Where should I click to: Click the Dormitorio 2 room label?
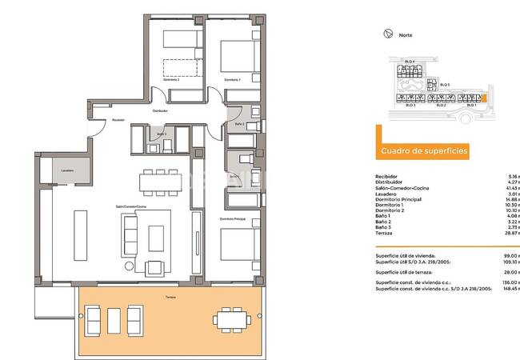(x=171, y=80)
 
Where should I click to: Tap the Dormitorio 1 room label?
(x=232, y=80)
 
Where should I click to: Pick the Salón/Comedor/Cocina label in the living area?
(x=130, y=206)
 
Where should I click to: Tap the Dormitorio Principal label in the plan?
(x=233, y=218)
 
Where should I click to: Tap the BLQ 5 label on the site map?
(x=445, y=84)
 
